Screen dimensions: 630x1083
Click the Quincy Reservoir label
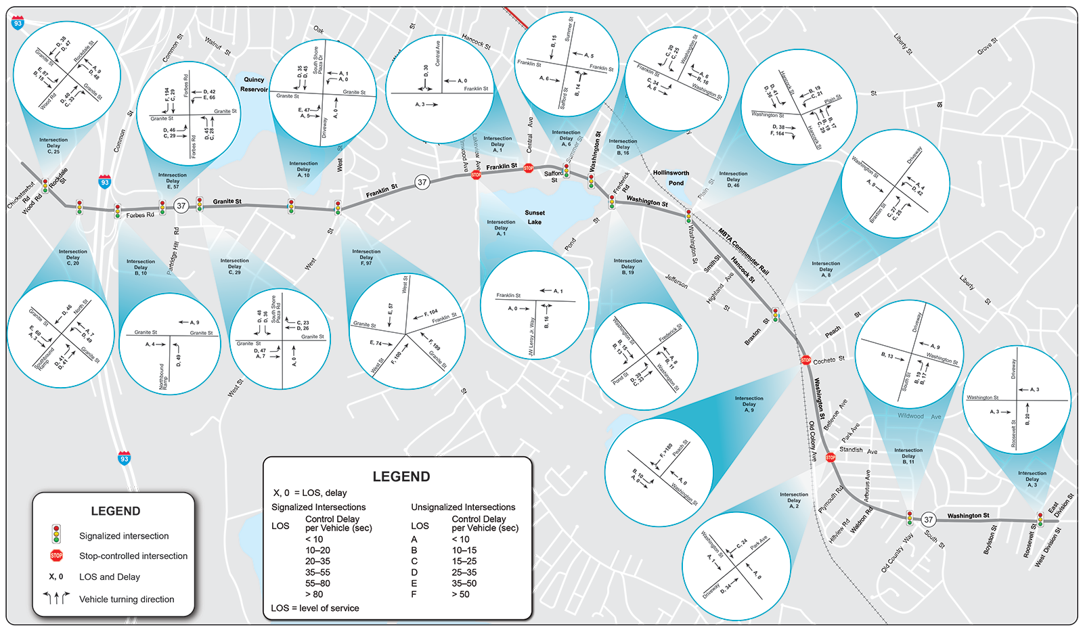click(x=254, y=84)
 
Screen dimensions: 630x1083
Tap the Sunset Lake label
click(x=535, y=217)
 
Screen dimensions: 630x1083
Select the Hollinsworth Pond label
click(x=671, y=178)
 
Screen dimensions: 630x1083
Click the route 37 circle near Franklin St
click(x=422, y=182)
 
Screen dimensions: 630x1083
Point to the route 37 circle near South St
click(x=929, y=520)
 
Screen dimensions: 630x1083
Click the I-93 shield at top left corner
click(x=18, y=23)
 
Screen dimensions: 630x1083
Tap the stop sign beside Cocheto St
click(x=806, y=360)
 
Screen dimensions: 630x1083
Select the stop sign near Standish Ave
click(x=831, y=457)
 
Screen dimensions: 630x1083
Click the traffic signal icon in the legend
click(x=57, y=535)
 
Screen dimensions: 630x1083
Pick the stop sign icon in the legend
click(x=57, y=556)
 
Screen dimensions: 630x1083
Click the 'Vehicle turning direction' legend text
click(x=127, y=599)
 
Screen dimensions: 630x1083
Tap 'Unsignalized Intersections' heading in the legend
click(x=463, y=507)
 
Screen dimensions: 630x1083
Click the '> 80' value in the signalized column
click(x=313, y=594)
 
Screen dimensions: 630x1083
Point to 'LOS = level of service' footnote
click(x=315, y=608)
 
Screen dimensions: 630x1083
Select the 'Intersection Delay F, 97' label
click(x=366, y=257)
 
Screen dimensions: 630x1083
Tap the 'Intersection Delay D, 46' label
click(x=733, y=179)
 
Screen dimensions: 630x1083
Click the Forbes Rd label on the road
click(x=140, y=215)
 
